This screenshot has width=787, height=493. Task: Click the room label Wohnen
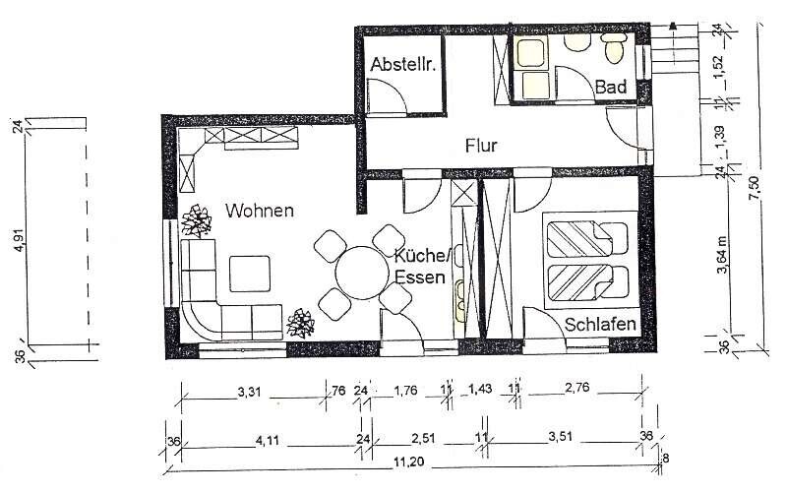[x=260, y=211]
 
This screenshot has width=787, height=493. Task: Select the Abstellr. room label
[x=403, y=66]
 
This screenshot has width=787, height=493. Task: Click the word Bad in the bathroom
[x=610, y=88]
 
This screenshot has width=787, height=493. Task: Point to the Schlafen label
[x=599, y=324]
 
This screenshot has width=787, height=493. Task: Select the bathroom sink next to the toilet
[x=574, y=44]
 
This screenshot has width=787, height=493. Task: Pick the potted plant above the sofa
[x=198, y=221]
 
